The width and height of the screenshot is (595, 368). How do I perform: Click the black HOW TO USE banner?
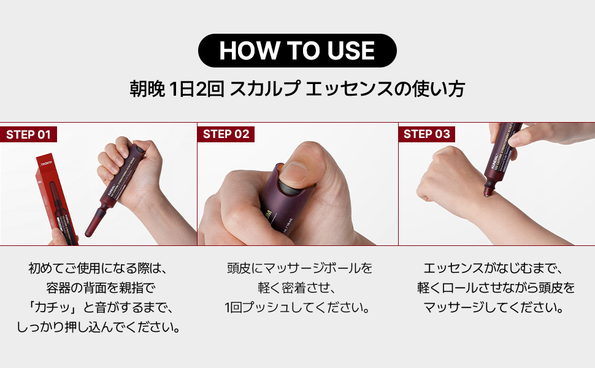tap(297, 50)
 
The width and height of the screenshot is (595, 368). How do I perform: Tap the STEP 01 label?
tap(28, 134)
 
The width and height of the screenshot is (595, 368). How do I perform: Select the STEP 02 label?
tap(226, 134)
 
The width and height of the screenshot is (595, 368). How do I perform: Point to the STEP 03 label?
tap(426, 134)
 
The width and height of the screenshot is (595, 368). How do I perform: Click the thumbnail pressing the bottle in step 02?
tap(294, 173)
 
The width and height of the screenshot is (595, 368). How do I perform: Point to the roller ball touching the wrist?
tap(487, 191)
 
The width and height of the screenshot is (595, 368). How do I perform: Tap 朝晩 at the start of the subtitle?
tap(147, 89)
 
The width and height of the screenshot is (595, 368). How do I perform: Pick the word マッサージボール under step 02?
tap(312, 268)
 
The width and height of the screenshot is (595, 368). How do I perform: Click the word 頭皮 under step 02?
tap(239, 268)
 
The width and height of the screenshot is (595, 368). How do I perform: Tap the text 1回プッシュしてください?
tap(297, 307)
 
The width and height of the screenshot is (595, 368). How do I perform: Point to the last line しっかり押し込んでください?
tap(99, 327)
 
